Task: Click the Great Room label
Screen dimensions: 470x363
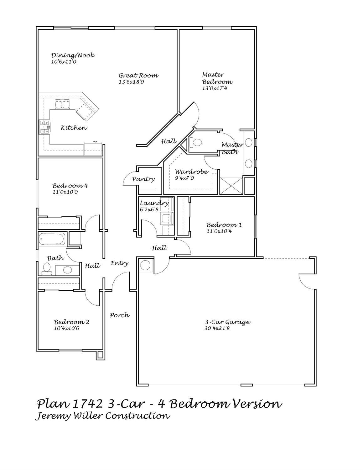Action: click(x=138, y=76)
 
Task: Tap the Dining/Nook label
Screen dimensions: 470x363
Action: click(x=73, y=55)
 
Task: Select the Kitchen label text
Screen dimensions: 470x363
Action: click(x=74, y=128)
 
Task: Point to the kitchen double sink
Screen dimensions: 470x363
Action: click(x=62, y=104)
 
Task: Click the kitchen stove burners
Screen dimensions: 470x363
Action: click(x=44, y=127)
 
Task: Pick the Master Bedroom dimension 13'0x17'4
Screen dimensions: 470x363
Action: click(x=215, y=88)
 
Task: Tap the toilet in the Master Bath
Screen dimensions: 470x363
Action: click(x=196, y=142)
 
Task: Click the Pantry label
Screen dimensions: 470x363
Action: click(x=143, y=179)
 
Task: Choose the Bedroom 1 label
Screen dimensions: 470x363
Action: click(x=224, y=225)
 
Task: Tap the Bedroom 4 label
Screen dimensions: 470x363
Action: click(x=70, y=186)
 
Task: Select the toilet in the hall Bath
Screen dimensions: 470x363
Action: click(x=47, y=269)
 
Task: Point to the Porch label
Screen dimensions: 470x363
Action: click(x=120, y=315)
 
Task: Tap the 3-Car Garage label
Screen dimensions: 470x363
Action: click(x=227, y=322)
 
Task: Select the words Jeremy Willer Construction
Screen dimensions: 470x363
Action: click(x=102, y=416)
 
